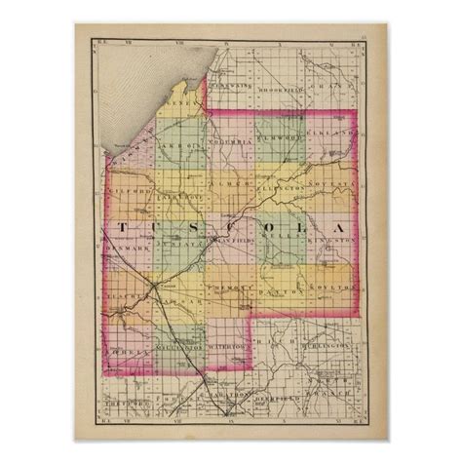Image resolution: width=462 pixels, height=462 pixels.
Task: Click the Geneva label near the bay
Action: point(177,101)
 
